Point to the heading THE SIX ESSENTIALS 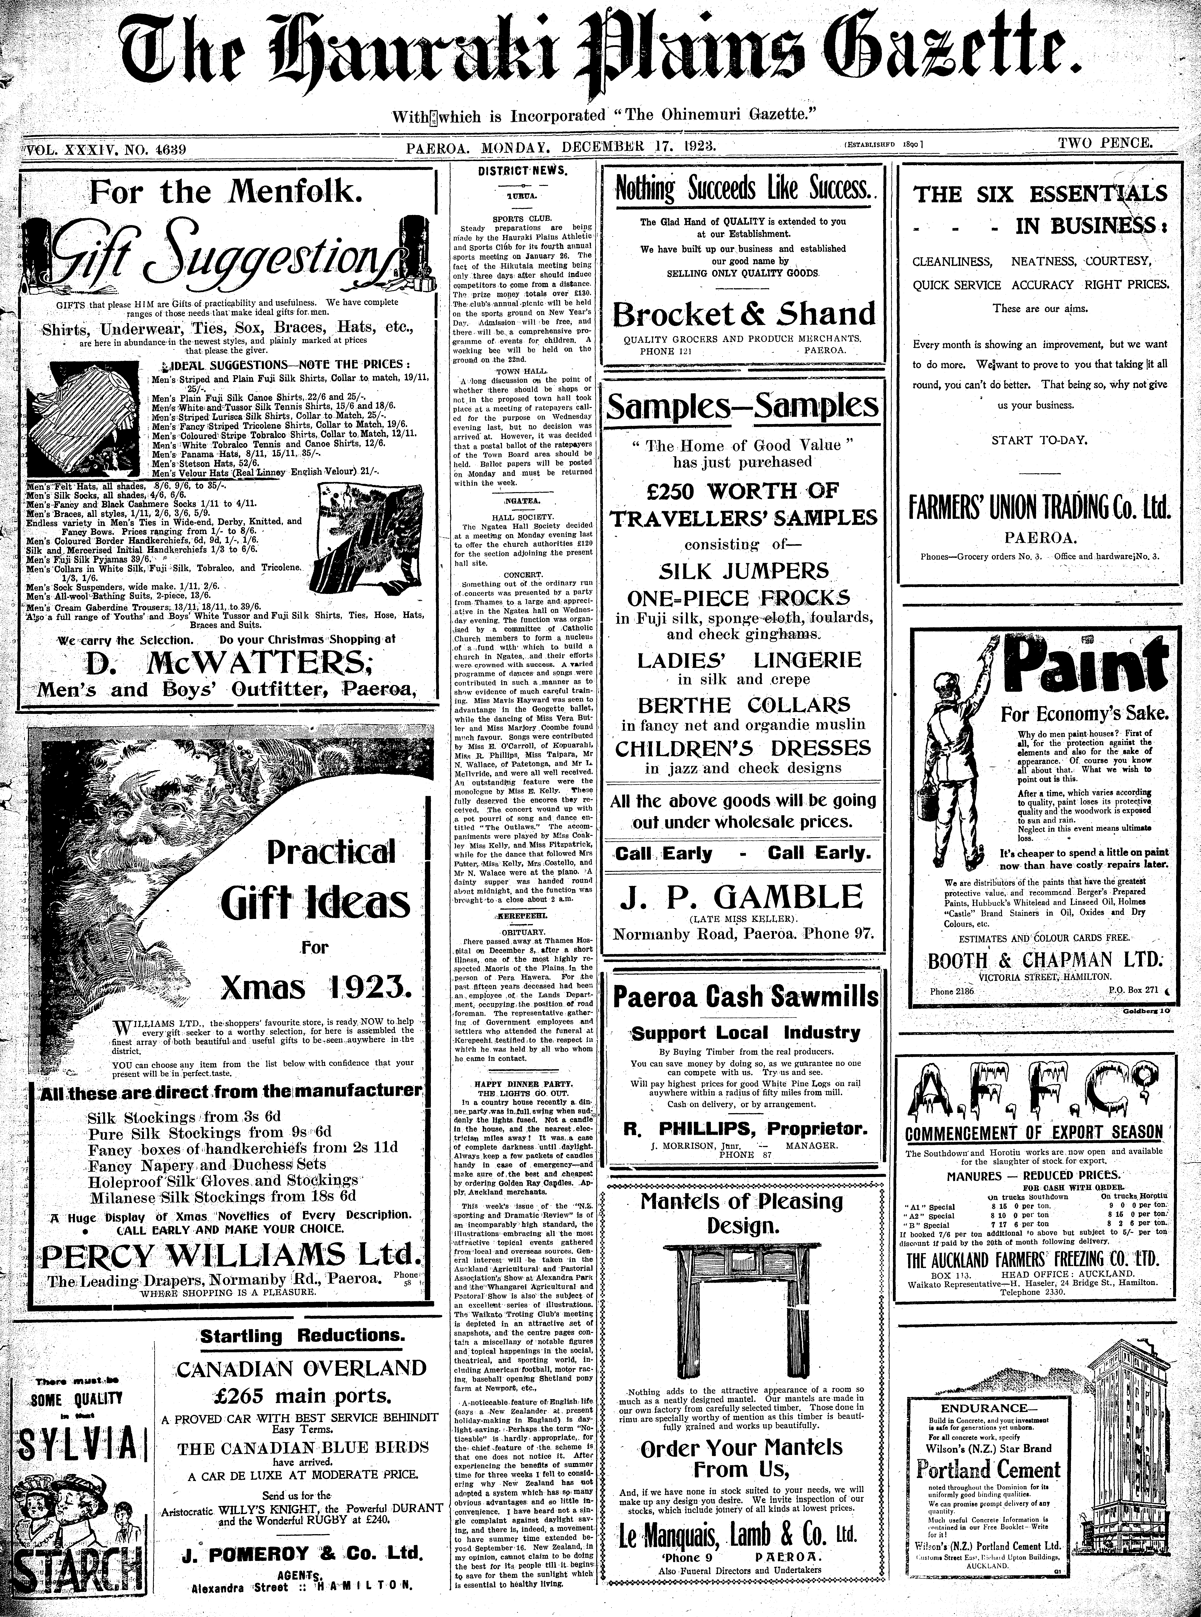tap(1040, 194)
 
